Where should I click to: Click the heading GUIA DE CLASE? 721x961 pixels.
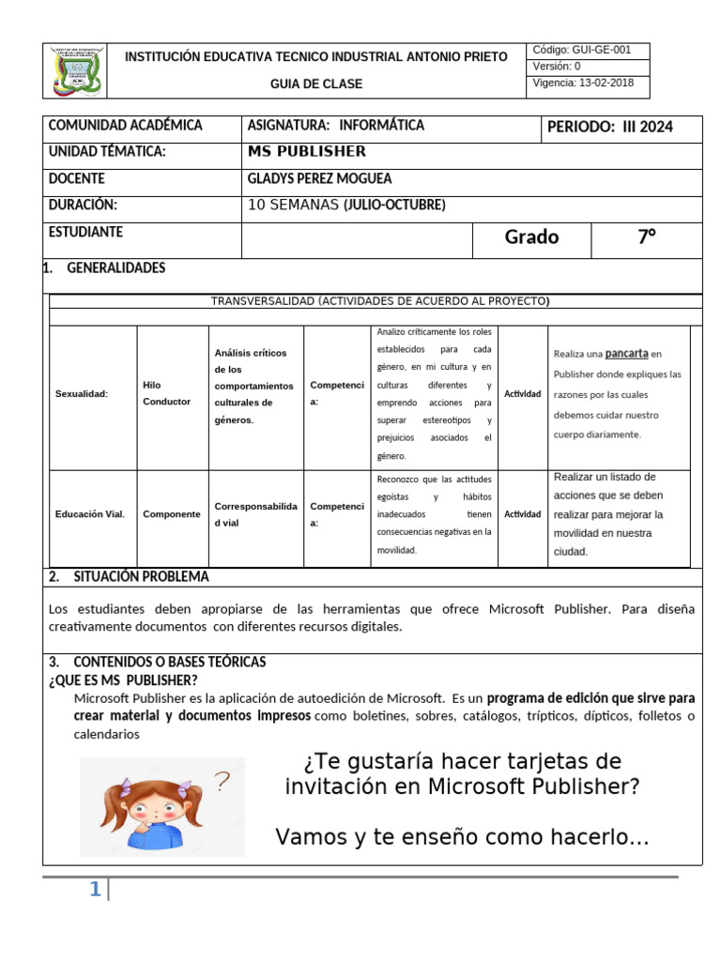pyautogui.click(x=316, y=84)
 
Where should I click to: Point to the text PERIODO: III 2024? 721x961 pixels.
pyautogui.click(x=609, y=128)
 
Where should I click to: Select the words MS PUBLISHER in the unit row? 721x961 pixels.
pyautogui.click(x=307, y=152)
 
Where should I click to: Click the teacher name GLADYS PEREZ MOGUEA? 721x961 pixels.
pyautogui.click(x=319, y=178)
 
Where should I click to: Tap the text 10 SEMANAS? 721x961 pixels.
pyautogui.click(x=292, y=206)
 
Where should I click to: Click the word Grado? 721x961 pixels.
pyautogui.click(x=531, y=237)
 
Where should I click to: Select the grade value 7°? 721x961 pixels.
pyautogui.click(x=647, y=237)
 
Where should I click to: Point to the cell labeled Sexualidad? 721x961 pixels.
pyautogui.click(x=82, y=394)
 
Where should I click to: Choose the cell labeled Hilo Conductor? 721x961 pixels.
pyautogui.click(x=166, y=393)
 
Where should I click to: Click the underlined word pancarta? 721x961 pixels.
pyautogui.click(x=626, y=354)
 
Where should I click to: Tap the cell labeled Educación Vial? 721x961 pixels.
pyautogui.click(x=90, y=514)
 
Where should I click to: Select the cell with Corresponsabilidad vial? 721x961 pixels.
pyautogui.click(x=255, y=514)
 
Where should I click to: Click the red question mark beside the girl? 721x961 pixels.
pyautogui.click(x=222, y=781)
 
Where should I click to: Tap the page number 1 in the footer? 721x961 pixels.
pyautogui.click(x=95, y=891)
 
